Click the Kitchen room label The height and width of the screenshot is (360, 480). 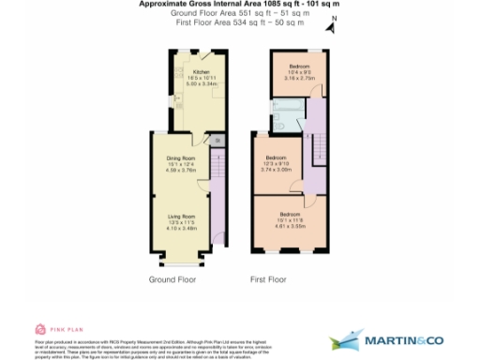(201, 71)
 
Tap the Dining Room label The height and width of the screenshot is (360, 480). (181, 158)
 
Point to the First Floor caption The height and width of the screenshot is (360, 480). (268, 279)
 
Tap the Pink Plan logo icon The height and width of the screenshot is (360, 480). (39, 328)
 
